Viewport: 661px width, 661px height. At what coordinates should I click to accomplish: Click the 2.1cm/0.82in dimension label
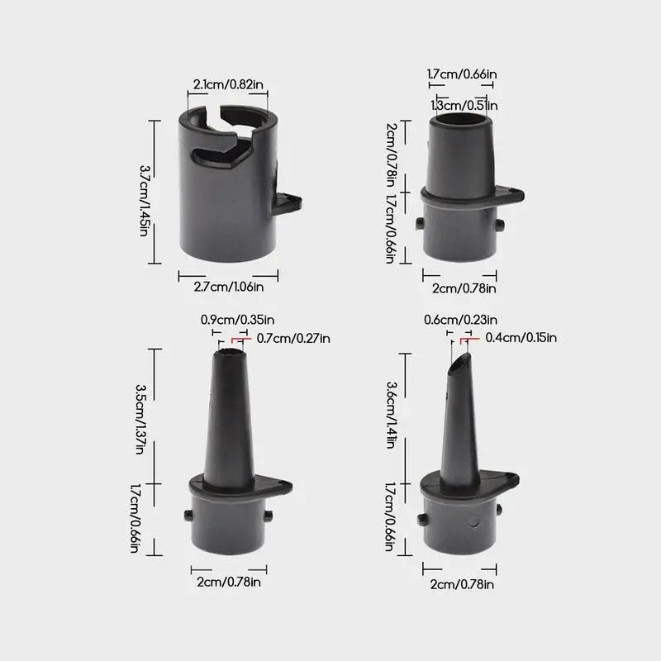click(x=228, y=84)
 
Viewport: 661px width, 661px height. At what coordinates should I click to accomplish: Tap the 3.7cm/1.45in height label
click(x=144, y=200)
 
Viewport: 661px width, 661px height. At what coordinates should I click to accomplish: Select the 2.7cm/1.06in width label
click(x=229, y=287)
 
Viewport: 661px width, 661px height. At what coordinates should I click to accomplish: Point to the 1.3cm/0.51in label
click(x=464, y=105)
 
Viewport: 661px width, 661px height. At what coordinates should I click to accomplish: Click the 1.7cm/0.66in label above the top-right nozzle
click(x=462, y=74)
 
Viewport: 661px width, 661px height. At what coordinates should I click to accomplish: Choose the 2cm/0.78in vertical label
click(x=391, y=155)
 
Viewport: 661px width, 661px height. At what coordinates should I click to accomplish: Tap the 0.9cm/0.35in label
click(x=237, y=320)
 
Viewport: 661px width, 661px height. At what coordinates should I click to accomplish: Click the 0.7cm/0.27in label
click(x=293, y=338)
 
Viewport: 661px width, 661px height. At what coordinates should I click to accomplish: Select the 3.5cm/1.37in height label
click(x=140, y=419)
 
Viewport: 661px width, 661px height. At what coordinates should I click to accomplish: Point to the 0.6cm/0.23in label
click(x=460, y=320)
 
